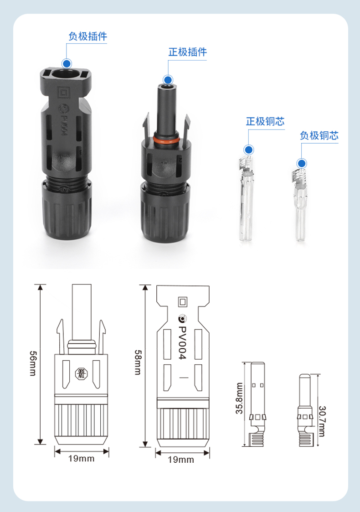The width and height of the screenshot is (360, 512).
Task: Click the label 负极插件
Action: (x=88, y=36)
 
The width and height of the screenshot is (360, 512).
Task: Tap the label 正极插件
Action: (x=188, y=52)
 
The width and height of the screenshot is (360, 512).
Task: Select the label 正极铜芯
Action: (x=265, y=121)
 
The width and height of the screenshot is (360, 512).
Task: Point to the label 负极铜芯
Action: (x=319, y=135)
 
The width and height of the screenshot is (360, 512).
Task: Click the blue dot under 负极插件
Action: (x=67, y=63)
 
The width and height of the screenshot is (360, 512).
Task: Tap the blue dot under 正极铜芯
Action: (x=249, y=150)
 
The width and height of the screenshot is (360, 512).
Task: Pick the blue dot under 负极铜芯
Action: (x=302, y=163)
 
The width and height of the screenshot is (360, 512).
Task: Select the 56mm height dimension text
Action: (x=33, y=363)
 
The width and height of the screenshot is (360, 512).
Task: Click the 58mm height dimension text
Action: (x=138, y=362)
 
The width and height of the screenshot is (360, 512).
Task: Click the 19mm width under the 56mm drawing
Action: (x=81, y=459)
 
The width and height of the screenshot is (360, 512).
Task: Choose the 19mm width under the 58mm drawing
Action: (x=181, y=460)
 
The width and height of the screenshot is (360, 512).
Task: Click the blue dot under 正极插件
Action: (x=168, y=80)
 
